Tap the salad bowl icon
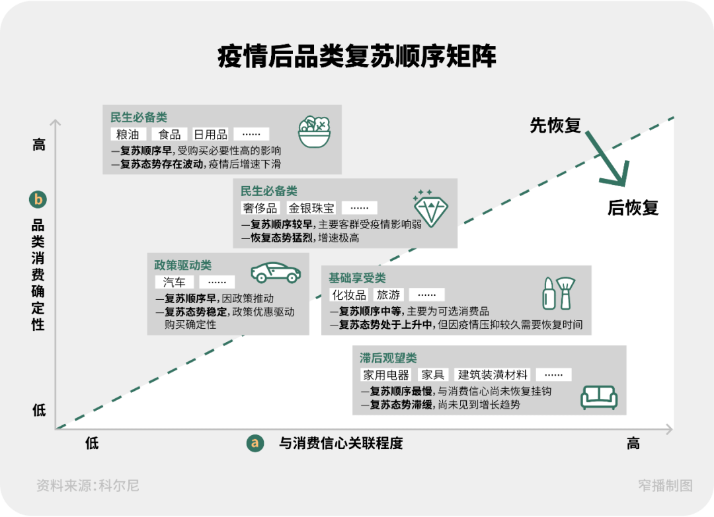pos(315,131)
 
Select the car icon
pos(276,272)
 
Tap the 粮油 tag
pos(128,135)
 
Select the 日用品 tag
pos(210,135)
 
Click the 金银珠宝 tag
pos(311,208)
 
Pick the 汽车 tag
pos(174,282)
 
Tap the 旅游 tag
pos(388,294)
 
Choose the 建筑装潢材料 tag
pos(494,375)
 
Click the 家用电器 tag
pos(385,375)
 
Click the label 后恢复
pos(633,207)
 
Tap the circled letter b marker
pos(38,199)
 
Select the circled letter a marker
pos(255,443)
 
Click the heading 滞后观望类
pos(388,358)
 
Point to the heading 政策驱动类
pos(183,265)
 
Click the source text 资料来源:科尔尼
pos(88,486)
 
